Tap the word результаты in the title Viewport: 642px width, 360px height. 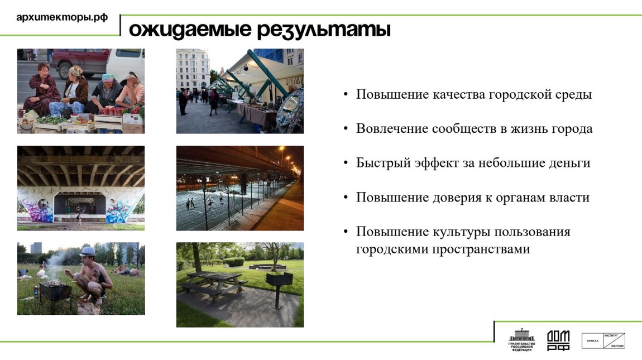click(323, 30)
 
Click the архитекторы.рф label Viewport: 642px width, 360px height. click(61, 17)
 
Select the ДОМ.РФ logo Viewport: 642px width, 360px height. click(558, 340)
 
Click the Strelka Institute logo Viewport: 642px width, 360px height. click(603, 340)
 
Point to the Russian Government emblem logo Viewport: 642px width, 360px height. click(521, 340)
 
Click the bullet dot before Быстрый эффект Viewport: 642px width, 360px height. click(347, 163)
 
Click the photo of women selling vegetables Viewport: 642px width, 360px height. click(81, 91)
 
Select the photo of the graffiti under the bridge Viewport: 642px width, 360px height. click(81, 188)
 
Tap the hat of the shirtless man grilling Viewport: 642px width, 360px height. click(88, 251)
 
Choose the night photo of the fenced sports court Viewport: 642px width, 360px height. click(240, 188)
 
